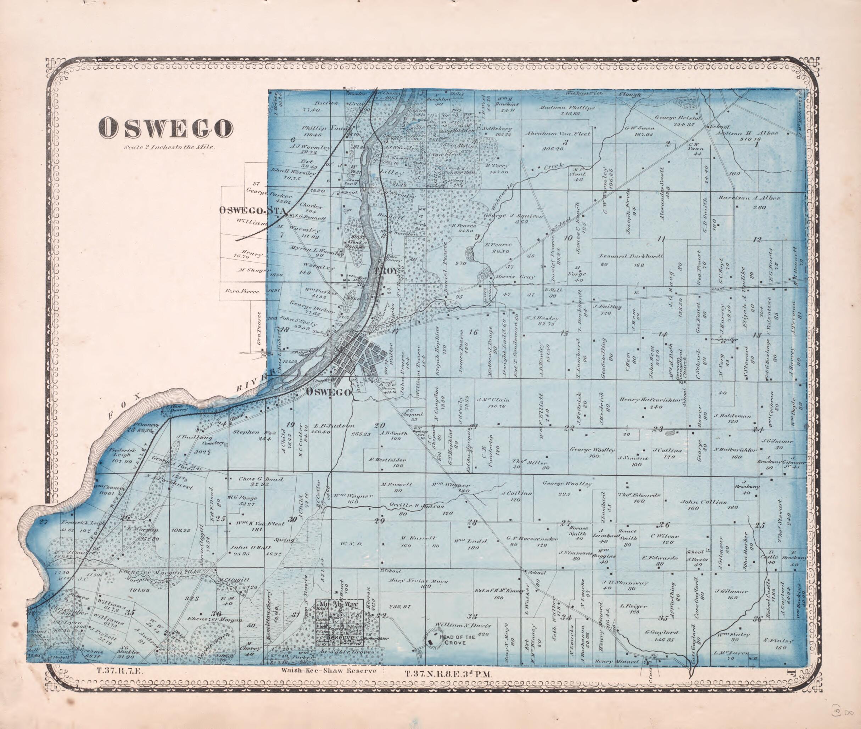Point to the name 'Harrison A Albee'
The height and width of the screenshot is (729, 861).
pyautogui.click(x=749, y=198)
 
